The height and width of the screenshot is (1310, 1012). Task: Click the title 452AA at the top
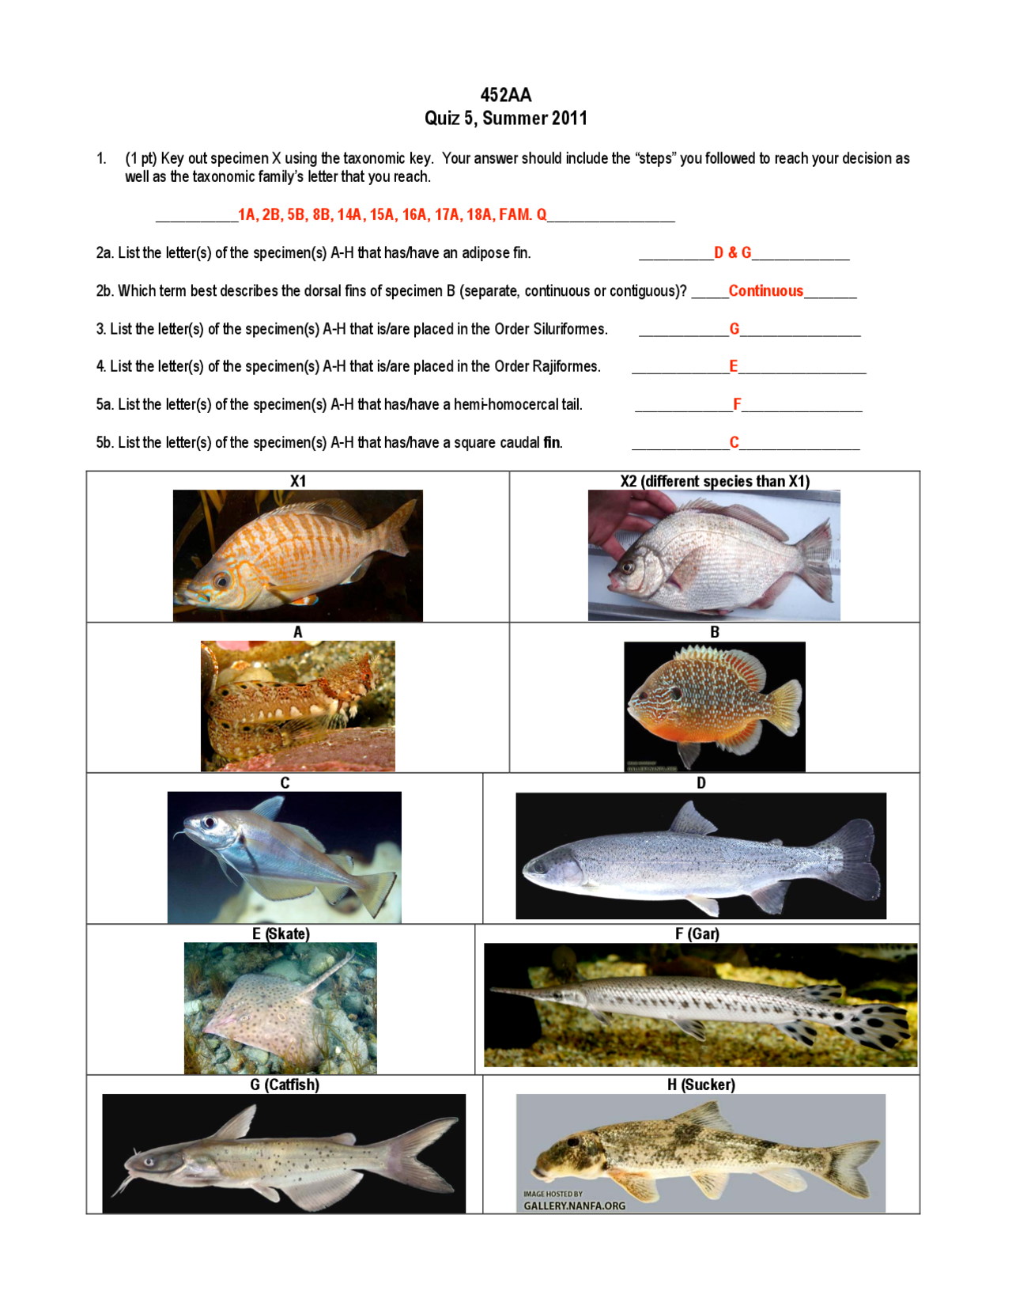click(x=505, y=95)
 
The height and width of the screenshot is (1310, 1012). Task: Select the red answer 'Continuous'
click(x=765, y=291)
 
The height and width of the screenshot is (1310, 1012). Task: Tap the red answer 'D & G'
click(x=732, y=253)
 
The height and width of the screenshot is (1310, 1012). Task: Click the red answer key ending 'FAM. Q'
click(x=392, y=214)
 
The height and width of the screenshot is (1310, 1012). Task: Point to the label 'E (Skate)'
click(x=281, y=933)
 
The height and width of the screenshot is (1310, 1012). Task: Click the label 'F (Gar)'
click(x=697, y=933)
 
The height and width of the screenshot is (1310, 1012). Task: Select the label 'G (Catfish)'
click(x=285, y=1085)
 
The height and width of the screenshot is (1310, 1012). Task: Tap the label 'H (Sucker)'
click(x=700, y=1085)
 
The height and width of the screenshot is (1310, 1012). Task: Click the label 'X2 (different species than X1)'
click(x=715, y=481)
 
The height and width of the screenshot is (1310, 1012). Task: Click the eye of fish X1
click(x=222, y=581)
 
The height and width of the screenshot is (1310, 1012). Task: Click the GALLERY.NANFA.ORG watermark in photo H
click(x=574, y=1206)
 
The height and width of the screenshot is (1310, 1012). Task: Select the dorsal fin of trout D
click(x=693, y=819)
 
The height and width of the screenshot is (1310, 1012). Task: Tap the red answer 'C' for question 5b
click(x=734, y=443)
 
